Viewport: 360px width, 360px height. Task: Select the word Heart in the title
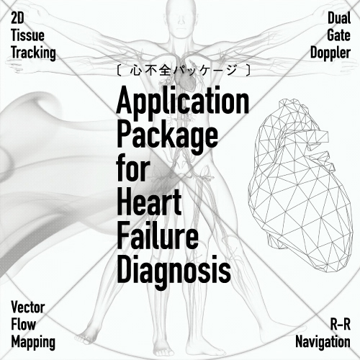(149, 201)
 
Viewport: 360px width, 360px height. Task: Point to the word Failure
(158, 235)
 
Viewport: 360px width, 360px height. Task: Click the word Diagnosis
(174, 271)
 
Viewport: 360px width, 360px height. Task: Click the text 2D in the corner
(17, 18)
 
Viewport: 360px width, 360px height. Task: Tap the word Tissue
(27, 35)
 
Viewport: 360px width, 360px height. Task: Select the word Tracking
(33, 53)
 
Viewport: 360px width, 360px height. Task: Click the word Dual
(339, 18)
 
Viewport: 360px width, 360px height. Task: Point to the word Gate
(338, 35)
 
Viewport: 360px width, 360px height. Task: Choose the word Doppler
(330, 53)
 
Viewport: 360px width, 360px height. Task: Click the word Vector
(28, 307)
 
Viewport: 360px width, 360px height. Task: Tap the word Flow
(24, 325)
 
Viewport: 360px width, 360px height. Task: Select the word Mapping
(33, 342)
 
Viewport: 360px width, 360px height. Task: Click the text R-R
(341, 325)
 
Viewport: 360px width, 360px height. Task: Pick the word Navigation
(323, 342)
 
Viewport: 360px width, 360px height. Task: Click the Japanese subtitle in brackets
(184, 71)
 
